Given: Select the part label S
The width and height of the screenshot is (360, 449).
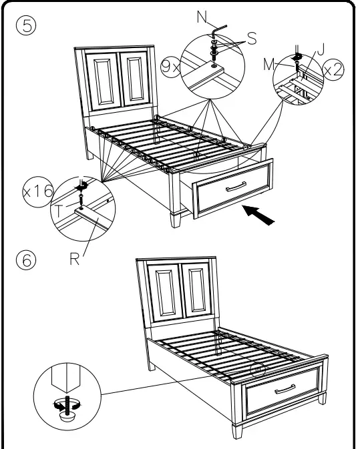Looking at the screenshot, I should click(x=251, y=39).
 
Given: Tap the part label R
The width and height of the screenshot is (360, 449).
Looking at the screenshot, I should click(x=74, y=259).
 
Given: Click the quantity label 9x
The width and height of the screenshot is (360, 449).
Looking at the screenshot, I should click(x=170, y=66).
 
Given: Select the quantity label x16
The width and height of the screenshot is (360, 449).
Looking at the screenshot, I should click(x=37, y=191).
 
